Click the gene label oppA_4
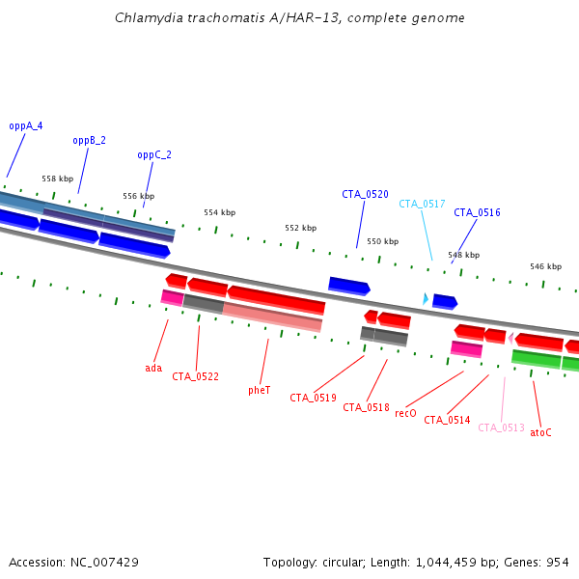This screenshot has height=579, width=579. tap(26, 125)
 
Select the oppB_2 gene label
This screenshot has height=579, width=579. tap(89, 140)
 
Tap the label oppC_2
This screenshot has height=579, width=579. tap(154, 154)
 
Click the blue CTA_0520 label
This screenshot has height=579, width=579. tap(365, 194)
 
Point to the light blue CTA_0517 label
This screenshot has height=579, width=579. tap(422, 204)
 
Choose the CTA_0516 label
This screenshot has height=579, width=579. tap(477, 212)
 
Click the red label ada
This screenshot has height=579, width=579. tap(153, 368)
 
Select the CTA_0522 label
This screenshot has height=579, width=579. tap(195, 376)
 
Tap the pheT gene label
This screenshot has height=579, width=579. tap(259, 390)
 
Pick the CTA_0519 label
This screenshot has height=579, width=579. tap(313, 398)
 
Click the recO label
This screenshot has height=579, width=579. tap(405, 413)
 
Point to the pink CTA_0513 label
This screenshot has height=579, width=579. tap(501, 427)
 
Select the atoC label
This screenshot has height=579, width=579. tap(540, 432)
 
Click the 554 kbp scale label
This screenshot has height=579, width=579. tap(219, 212)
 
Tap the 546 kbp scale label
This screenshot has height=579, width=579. tap(545, 265)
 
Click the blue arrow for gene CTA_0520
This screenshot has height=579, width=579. tap(348, 285)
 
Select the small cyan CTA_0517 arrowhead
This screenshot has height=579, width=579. tap(426, 299)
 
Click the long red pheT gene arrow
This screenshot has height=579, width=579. tap(276, 299)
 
